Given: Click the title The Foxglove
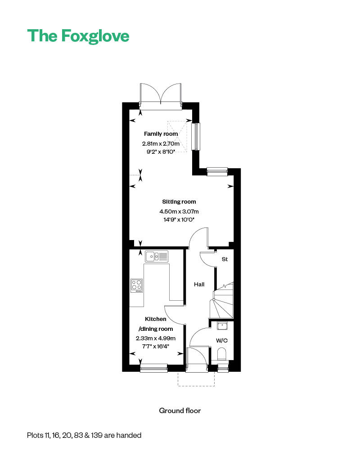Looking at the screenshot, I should pos(78,36).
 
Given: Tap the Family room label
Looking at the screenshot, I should pos(161,134).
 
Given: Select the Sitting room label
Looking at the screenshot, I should pos(179,202).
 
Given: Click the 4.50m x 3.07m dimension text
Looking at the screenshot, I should pos(179,211).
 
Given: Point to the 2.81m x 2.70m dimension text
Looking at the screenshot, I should pos(161,144).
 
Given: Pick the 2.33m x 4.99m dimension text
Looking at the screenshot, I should pos(156,338).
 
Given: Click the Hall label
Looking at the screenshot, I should pos(199,285).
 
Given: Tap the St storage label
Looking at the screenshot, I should pos(225,259).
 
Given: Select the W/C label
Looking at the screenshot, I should pos(222,340).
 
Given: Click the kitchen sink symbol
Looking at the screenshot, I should pos(156,257).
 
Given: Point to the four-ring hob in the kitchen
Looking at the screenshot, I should pos(137,285).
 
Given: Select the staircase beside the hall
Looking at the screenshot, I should pos(223,301).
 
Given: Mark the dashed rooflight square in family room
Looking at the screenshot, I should pos(178,135).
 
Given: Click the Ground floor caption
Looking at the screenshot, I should pos(180,410).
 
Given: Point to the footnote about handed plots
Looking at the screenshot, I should pos(84,435).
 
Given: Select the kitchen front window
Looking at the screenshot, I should pos(153,368).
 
